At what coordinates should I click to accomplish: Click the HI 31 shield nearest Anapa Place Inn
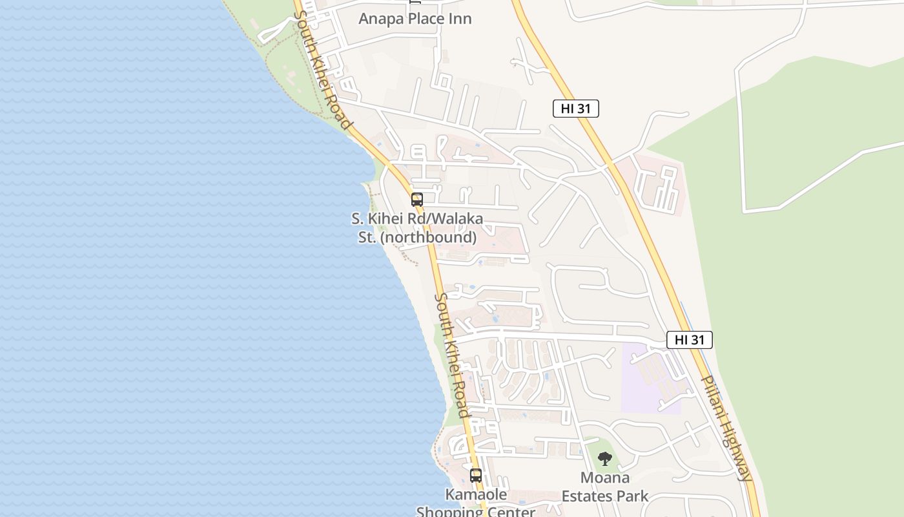pos(575,109)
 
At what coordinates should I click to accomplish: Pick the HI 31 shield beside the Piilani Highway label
pos(689,340)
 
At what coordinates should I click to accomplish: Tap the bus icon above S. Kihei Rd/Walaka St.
pos(417,199)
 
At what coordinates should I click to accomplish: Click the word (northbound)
pos(427,237)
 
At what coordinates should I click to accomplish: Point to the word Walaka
pos(457,219)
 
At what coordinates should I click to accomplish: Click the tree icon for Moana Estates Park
pos(604,459)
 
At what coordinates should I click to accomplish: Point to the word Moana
pos(604,478)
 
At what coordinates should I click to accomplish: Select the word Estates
pos(588,496)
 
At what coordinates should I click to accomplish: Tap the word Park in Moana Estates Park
pos(633,496)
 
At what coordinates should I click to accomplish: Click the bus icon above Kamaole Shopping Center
pos(476,475)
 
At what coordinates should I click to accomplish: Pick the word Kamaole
pos(476,494)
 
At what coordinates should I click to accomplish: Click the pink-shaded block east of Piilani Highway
pos(655,184)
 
